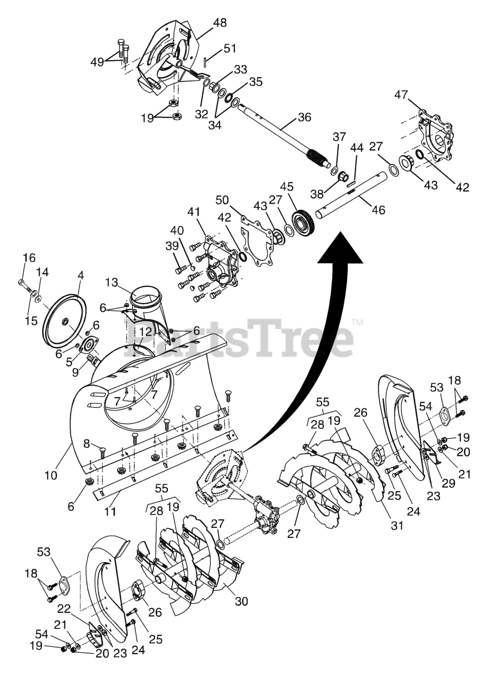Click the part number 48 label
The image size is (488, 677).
220,23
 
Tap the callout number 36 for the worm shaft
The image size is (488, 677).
304,117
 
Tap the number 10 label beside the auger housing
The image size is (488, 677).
50,475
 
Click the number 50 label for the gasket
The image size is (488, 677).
222,200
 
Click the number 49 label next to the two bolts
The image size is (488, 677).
96,62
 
